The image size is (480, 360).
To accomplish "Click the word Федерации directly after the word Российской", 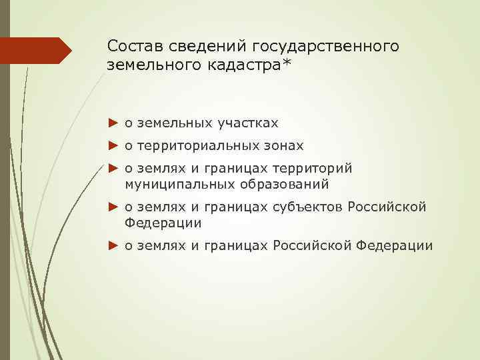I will click(x=163, y=222).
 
